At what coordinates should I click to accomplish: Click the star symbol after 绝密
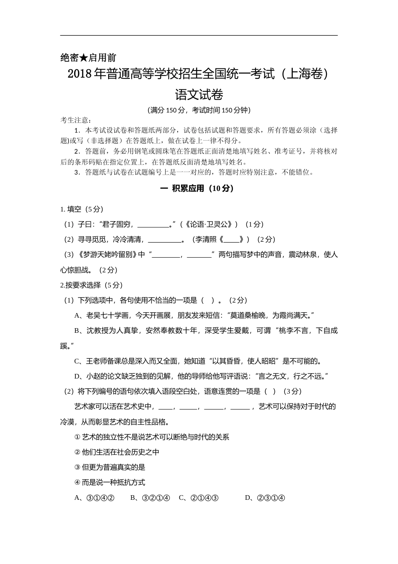click(83, 57)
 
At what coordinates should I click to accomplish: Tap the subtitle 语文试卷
click(199, 94)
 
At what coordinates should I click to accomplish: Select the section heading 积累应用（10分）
click(203, 188)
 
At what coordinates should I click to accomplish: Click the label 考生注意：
click(76, 120)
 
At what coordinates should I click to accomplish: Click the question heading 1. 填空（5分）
click(82, 209)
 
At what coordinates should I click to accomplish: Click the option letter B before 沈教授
click(77, 331)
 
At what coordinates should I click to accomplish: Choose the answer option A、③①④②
click(94, 498)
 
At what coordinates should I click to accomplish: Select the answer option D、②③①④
click(265, 498)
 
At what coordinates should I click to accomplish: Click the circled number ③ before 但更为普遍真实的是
click(77, 467)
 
